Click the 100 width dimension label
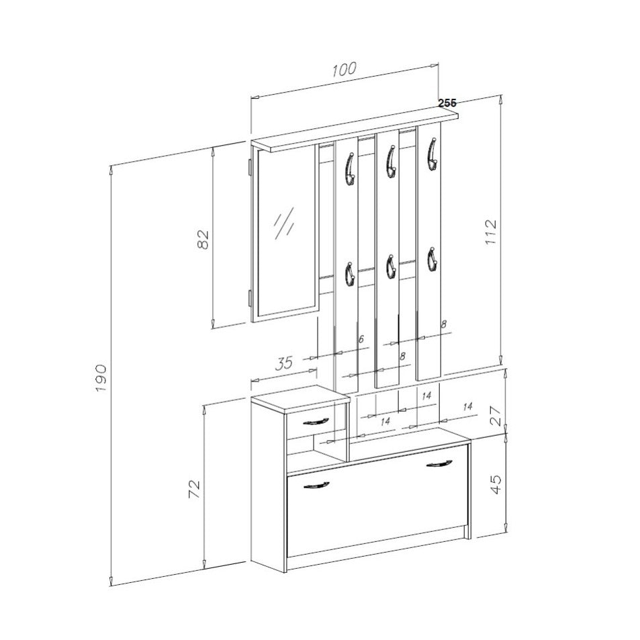(x=344, y=69)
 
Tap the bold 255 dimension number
(x=447, y=103)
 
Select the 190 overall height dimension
(x=101, y=378)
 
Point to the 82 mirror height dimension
(x=203, y=240)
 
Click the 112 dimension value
(x=491, y=232)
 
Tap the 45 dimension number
(x=495, y=484)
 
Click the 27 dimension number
(x=495, y=416)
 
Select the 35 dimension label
(x=285, y=363)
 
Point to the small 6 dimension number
(x=361, y=338)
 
